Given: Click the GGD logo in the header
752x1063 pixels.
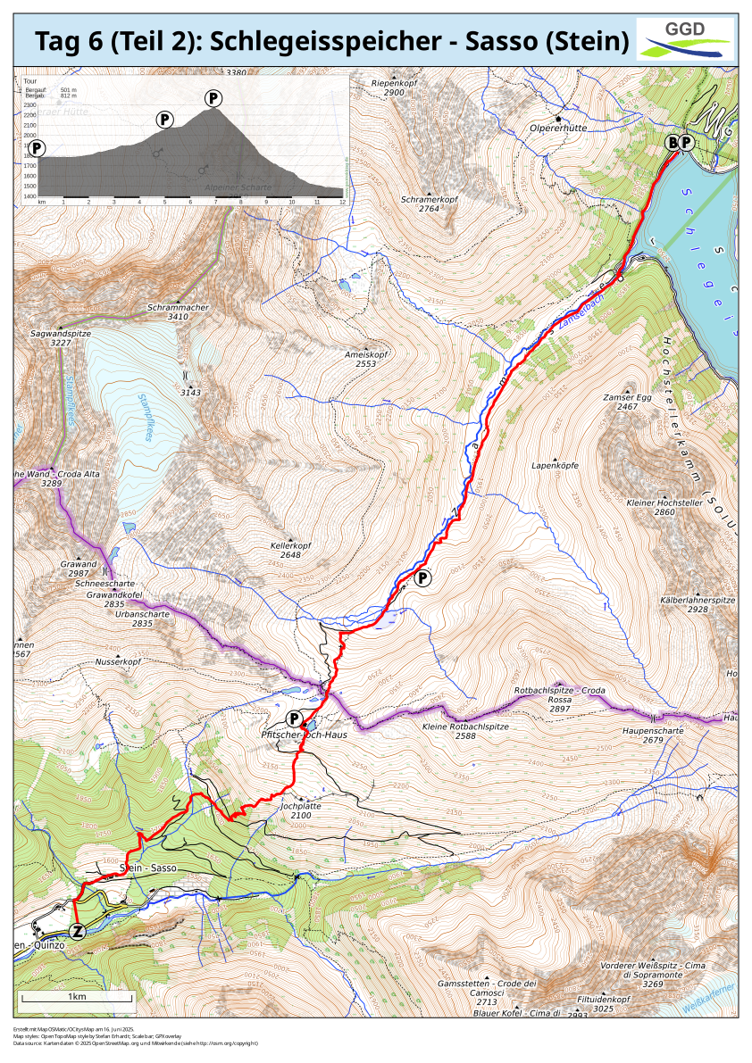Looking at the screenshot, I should (685, 38).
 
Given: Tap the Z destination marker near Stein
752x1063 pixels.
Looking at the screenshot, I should (79, 931).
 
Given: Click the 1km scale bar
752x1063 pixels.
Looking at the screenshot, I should (76, 997).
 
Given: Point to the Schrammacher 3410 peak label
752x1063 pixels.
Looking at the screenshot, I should (178, 311).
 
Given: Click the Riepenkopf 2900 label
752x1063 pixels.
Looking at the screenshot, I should (394, 87).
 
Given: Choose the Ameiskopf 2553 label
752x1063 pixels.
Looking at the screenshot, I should (365, 359).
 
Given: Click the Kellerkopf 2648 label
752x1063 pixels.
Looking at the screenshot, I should (290, 550).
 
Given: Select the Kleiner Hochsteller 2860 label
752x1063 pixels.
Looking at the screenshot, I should (664, 508).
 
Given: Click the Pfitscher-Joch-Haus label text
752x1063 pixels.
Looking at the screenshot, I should (303, 735).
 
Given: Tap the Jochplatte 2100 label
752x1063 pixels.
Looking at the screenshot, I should (301, 809).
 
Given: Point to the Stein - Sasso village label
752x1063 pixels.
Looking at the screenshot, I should (150, 868).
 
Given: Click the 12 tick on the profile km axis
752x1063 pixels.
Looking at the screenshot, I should (342, 203).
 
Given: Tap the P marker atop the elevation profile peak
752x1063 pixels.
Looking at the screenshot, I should (213, 97).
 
